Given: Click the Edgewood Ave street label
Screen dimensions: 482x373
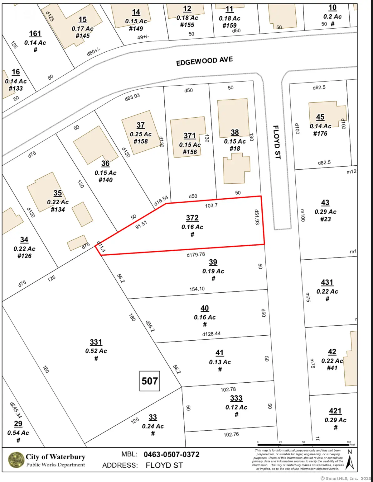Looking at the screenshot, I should tap(204, 61).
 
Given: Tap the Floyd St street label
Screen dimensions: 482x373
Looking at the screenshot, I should tap(277, 142).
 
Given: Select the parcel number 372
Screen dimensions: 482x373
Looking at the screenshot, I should tap(192, 218).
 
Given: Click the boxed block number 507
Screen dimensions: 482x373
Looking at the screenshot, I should tap(150, 381).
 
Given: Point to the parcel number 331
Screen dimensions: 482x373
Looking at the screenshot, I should tap(96, 342).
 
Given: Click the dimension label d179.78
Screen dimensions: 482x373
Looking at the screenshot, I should tap(196, 254).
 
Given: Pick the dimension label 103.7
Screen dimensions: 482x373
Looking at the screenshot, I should tap(211, 206).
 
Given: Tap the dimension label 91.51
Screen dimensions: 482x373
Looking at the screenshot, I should tap(141, 225).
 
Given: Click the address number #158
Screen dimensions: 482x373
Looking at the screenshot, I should tap(141, 141).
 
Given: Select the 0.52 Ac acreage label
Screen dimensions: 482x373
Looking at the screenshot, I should tap(96, 351).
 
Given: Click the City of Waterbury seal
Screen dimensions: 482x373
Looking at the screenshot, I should tap(16, 460).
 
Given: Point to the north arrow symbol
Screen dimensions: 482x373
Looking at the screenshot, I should tap(350, 461).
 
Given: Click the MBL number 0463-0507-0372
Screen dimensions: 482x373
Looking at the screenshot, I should tap(172, 455).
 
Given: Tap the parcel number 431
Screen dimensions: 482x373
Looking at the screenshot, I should tap(327, 282).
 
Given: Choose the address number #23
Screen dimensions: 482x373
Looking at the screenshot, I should tap(325, 219).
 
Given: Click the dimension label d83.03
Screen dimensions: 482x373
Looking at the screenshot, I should tap(132, 97).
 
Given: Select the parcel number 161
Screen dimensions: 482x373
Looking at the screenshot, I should tap(35, 34).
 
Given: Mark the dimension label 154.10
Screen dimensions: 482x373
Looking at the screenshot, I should tap(197, 289).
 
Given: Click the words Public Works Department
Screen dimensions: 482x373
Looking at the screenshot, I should tap(56, 465).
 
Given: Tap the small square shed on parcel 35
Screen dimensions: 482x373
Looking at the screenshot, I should tap(82, 214).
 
